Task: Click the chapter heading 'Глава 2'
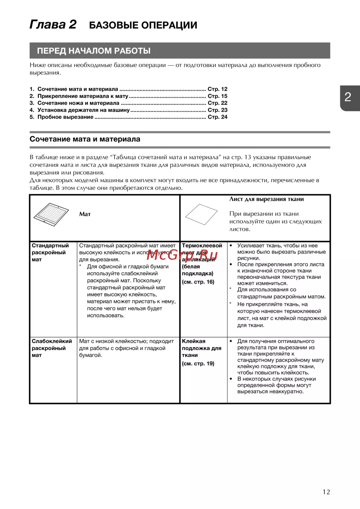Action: tap(53, 24)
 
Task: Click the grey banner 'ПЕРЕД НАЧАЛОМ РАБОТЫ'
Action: tap(94, 51)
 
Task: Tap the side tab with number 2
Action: tap(348, 97)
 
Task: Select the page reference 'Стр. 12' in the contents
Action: tap(217, 89)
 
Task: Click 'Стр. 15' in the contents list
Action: tap(217, 96)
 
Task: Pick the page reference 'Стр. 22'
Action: tap(217, 103)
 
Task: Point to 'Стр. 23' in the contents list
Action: tap(217, 110)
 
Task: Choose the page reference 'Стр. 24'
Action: tap(217, 117)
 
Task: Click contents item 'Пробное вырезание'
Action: tap(65, 117)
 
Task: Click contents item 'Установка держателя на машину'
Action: tap(84, 110)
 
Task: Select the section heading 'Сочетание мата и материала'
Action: tap(85, 139)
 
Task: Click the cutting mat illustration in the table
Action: tap(51, 215)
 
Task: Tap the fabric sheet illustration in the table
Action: tap(201, 215)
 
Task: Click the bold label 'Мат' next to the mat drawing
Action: tap(85, 214)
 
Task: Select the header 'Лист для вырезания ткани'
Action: tap(266, 199)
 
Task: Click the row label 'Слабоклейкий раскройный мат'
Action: tap(51, 348)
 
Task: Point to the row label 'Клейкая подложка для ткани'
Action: tap(201, 348)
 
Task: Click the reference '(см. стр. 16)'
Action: tap(198, 282)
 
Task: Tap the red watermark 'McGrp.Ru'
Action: tap(182, 255)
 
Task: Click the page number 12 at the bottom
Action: tap(326, 492)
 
